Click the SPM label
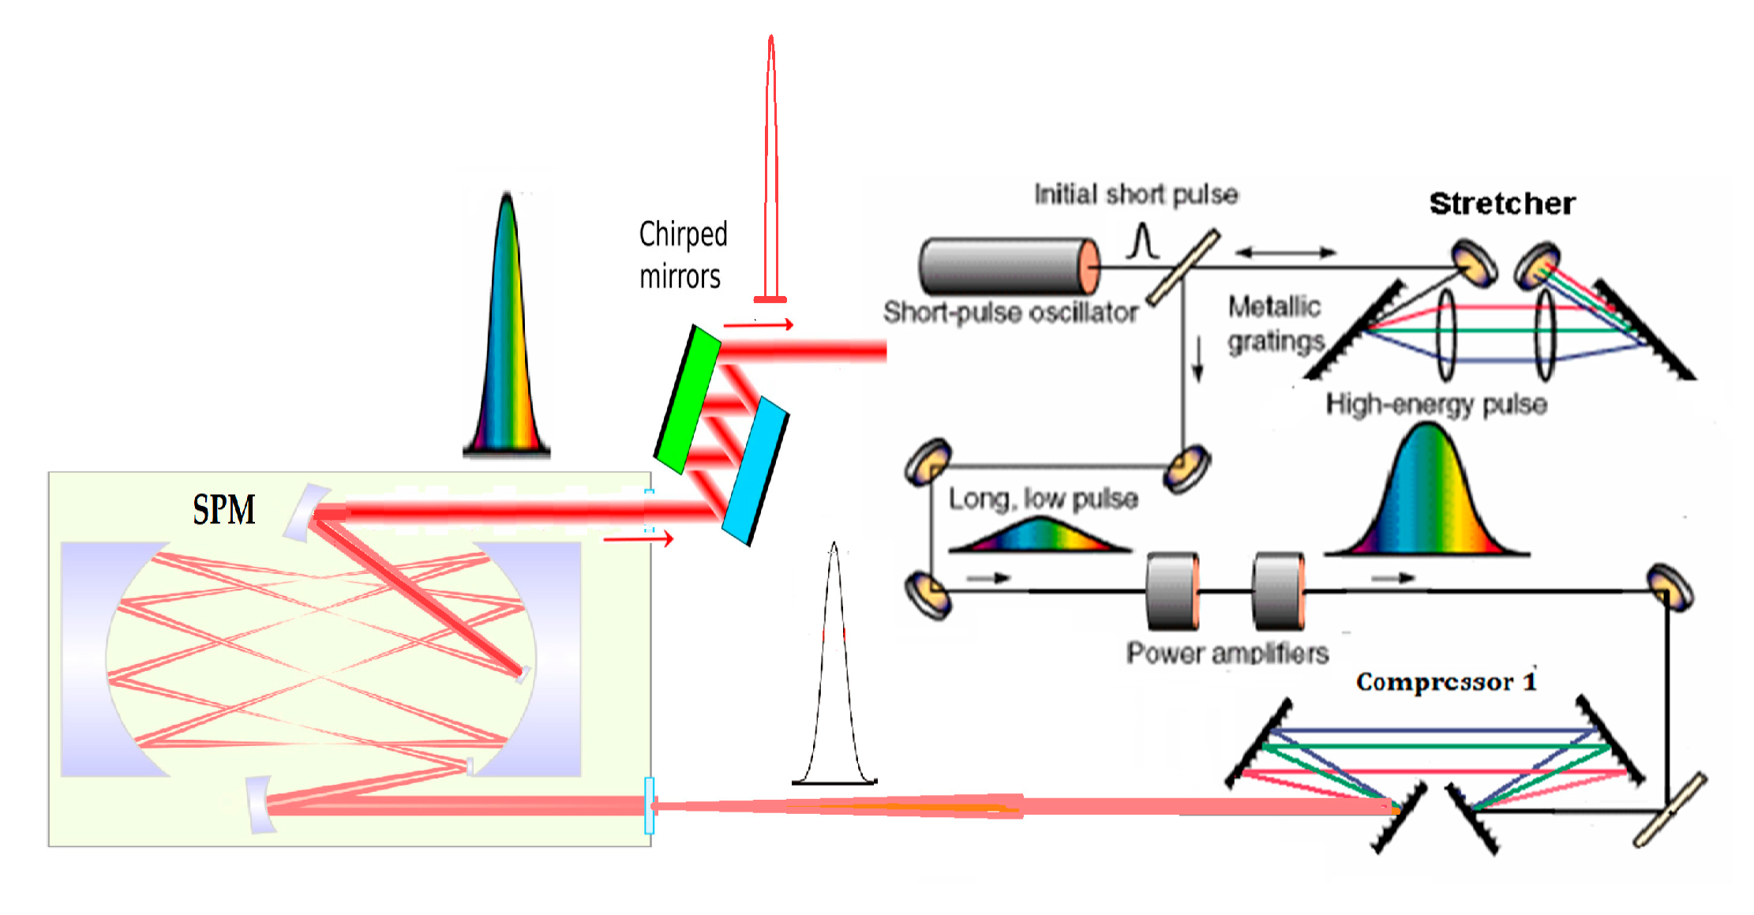click(224, 509)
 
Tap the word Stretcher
click(1502, 204)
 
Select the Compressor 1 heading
click(1446, 681)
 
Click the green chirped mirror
click(688, 399)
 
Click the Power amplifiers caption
click(1227, 653)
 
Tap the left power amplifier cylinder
click(1172, 591)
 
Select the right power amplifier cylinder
click(1278, 591)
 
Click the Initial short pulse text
click(1136, 194)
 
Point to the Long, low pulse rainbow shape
click(1040, 537)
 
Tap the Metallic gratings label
click(1275, 324)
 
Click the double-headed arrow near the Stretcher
click(1285, 253)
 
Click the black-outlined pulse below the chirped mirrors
click(834, 671)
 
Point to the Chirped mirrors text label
click(683, 255)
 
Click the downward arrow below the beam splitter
click(1198, 359)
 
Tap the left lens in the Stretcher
click(1446, 335)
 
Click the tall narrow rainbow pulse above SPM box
click(507, 332)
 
